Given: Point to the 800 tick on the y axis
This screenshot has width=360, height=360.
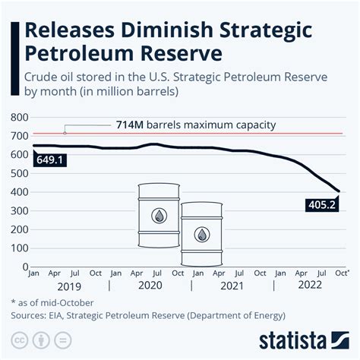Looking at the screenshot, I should [x=20, y=118].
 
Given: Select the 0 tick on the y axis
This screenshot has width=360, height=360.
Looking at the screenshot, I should [x=24, y=266].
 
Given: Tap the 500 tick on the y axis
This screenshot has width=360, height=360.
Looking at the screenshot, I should [x=20, y=173].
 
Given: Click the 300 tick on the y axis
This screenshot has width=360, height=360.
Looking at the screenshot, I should [x=20, y=210].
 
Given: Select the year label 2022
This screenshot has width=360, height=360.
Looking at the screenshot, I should [x=309, y=286].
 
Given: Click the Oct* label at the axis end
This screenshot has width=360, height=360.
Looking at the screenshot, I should [x=342, y=272].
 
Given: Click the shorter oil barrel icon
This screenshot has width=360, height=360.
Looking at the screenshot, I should [x=202, y=232].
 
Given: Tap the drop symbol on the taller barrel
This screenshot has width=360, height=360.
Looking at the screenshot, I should [x=158, y=215].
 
